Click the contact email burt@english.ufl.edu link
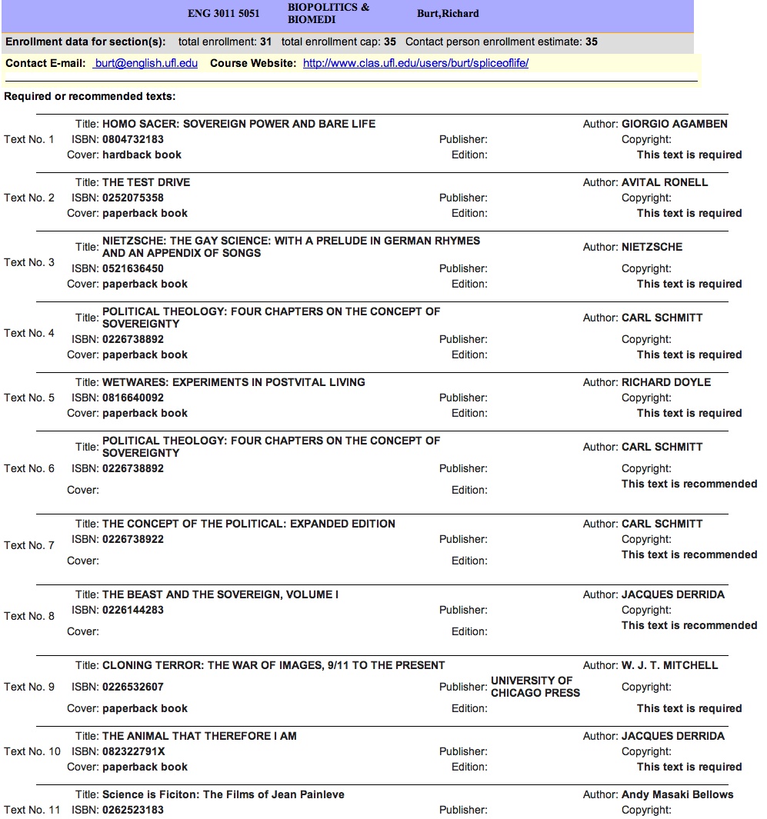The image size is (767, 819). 145,63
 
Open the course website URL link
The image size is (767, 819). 415,63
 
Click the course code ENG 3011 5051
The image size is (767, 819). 224,14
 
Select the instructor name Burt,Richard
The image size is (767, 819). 448,14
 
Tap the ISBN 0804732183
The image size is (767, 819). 133,139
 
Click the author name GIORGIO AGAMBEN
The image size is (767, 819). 674,124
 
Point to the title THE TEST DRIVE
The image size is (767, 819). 146,182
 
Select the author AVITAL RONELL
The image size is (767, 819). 665,182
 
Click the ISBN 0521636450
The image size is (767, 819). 133,268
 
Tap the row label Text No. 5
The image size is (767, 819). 29,398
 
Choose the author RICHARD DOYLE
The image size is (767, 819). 666,382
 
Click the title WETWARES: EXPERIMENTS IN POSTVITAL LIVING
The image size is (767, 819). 234,382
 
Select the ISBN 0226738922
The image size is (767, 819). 133,539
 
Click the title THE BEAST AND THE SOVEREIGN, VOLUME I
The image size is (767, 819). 220,594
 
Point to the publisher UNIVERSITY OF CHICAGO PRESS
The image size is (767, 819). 535,687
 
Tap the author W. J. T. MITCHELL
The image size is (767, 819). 669,665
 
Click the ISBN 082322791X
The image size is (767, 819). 134,751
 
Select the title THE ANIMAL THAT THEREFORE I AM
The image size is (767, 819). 199,736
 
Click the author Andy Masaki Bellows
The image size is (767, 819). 677,794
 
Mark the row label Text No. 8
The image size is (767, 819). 29,616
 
